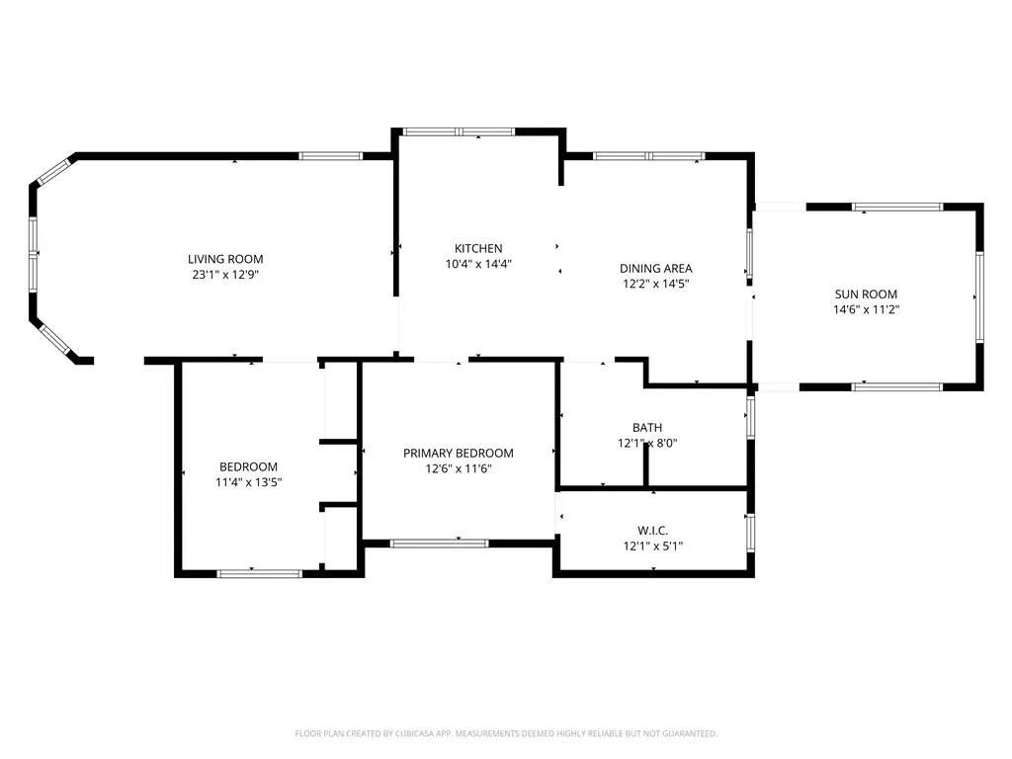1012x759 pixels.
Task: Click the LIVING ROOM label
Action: [226, 259]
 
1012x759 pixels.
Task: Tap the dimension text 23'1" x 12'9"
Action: [226, 275]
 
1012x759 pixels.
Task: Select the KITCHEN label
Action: [478, 248]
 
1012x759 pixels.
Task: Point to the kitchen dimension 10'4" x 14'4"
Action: [478, 264]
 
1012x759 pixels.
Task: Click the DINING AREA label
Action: [655, 268]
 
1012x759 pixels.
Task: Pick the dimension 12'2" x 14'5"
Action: [655, 284]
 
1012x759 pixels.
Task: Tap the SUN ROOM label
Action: [866, 294]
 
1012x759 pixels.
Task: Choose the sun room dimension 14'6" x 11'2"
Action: [866, 309]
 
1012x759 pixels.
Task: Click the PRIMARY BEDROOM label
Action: [458, 453]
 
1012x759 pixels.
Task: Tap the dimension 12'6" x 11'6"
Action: [458, 468]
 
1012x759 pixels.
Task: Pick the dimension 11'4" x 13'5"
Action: [248, 482]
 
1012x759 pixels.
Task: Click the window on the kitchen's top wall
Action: [459, 130]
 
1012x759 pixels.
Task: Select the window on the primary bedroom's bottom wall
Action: [439, 543]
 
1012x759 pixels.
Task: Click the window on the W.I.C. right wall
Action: [750, 531]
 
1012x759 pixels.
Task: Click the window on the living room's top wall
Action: [331, 155]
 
